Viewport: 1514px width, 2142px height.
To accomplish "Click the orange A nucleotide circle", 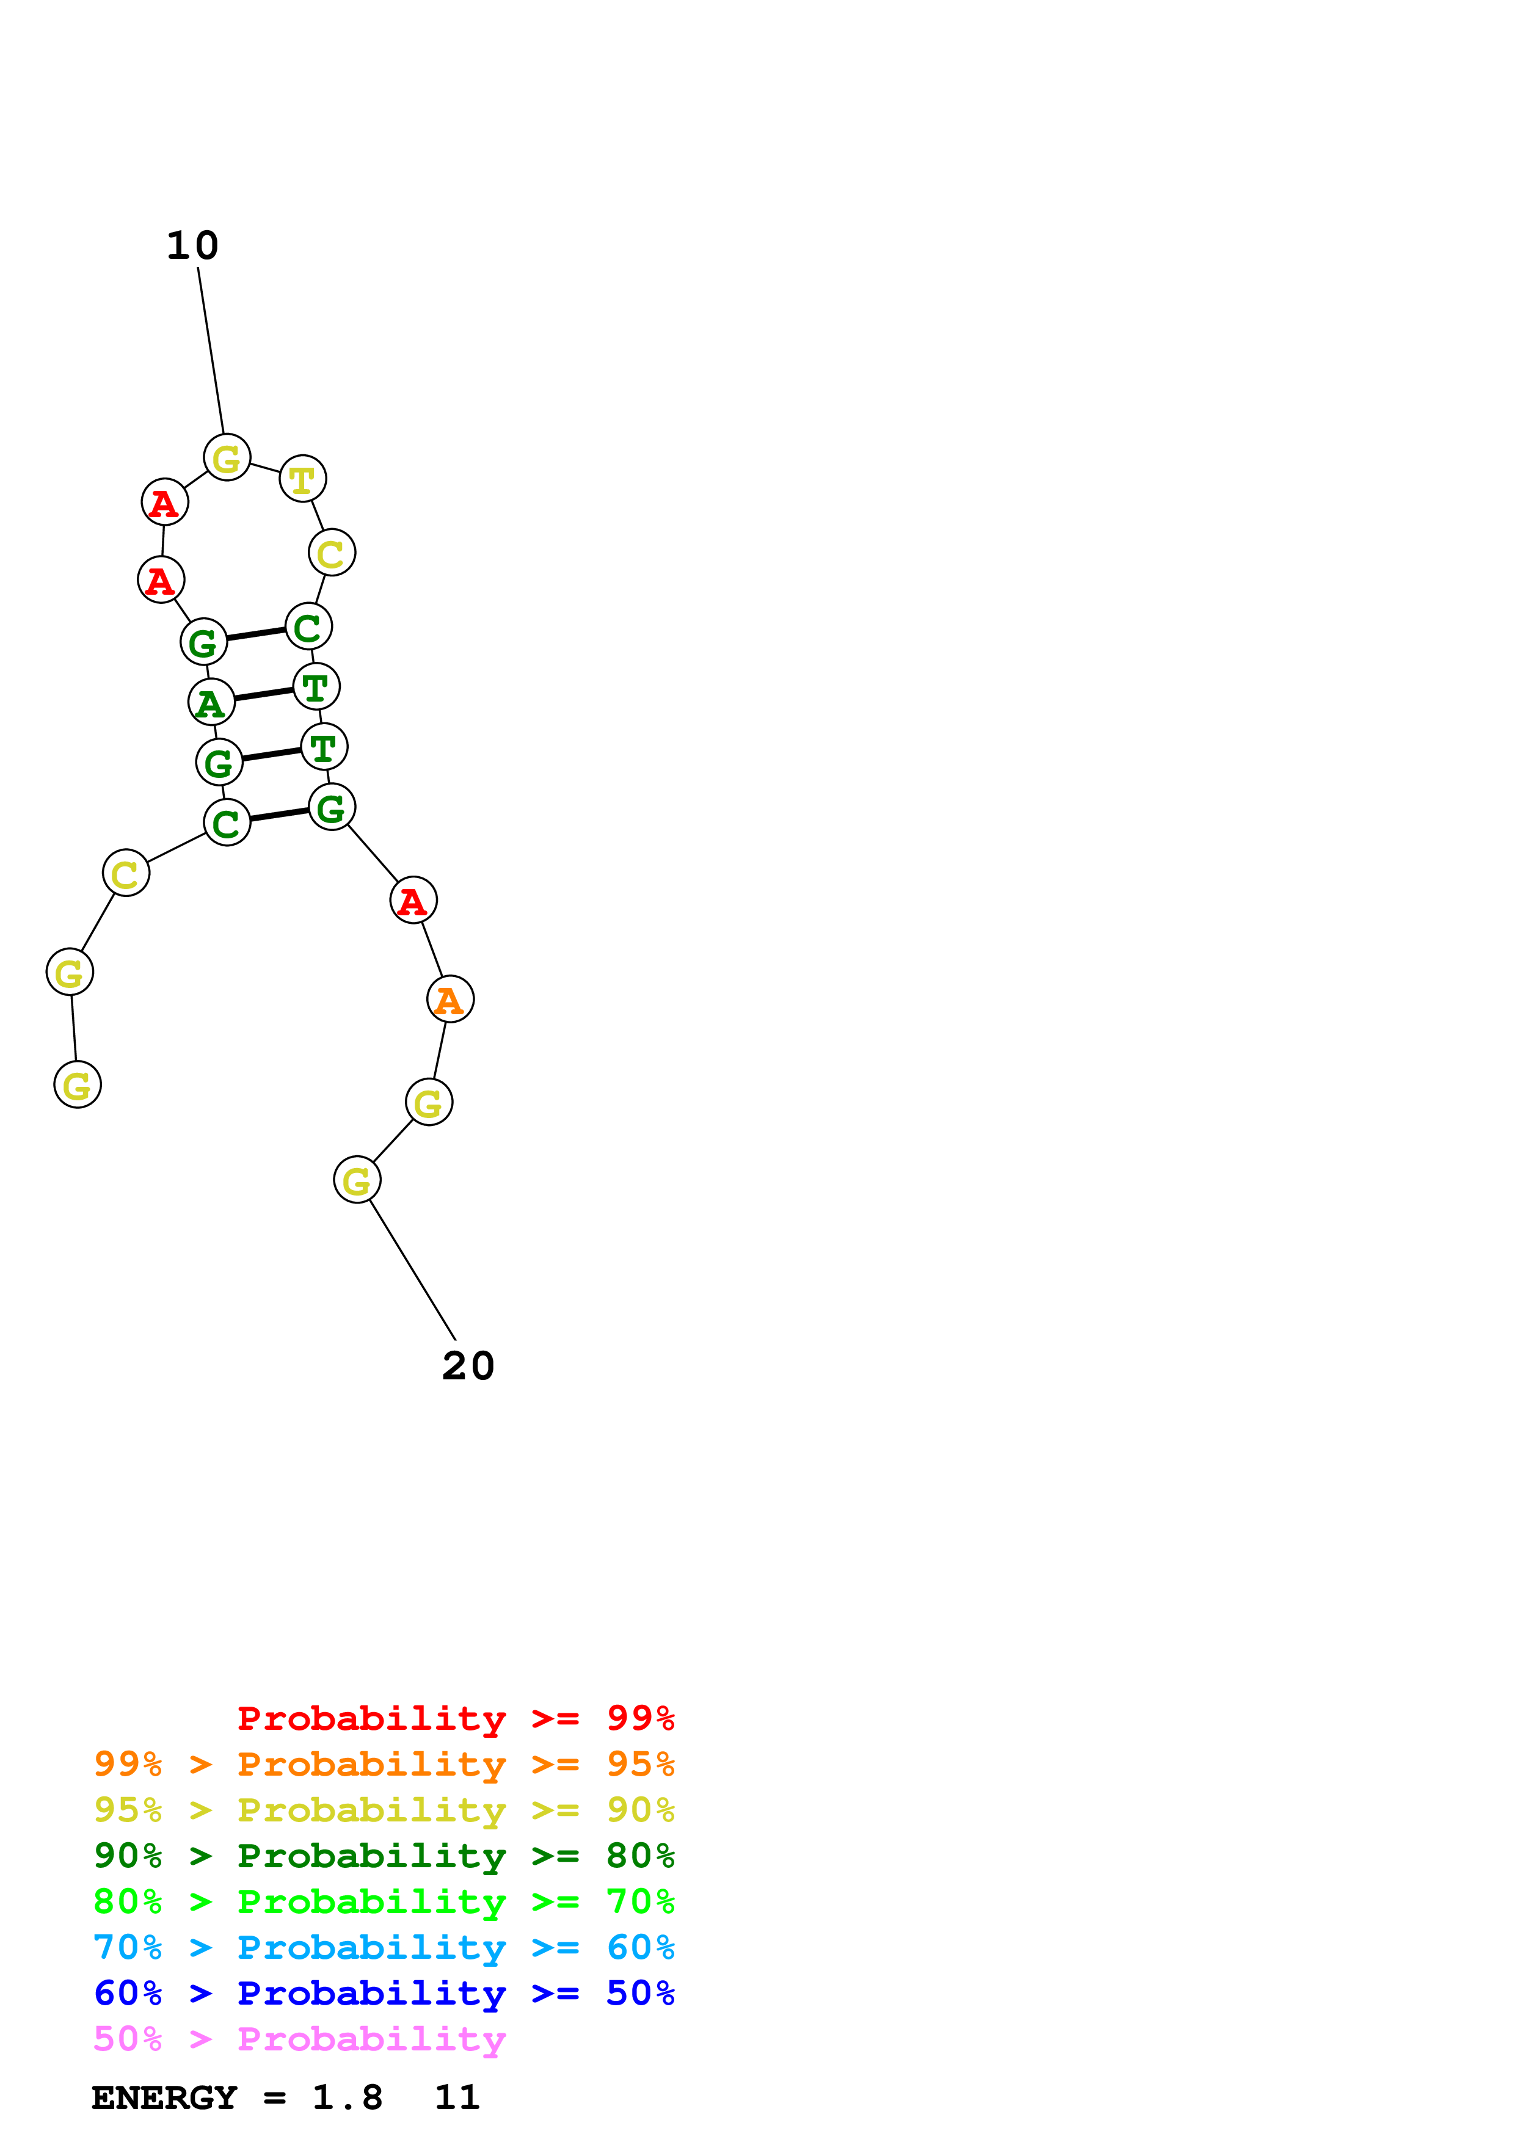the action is point(449,999).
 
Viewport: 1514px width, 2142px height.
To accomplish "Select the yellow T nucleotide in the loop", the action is point(302,479).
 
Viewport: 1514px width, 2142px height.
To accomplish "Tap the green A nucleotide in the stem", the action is point(211,702).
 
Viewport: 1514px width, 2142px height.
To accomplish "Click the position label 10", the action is point(192,245).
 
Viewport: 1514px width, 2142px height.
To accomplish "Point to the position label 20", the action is point(467,1366).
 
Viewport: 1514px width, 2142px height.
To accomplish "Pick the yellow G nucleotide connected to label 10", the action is point(227,457).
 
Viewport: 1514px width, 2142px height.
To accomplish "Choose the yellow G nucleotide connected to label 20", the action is point(356,1180).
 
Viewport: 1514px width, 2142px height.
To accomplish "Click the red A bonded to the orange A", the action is point(412,900).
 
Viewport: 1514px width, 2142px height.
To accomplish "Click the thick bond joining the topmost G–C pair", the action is point(256,634).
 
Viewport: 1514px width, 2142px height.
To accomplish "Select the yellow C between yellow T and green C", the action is point(331,553).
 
